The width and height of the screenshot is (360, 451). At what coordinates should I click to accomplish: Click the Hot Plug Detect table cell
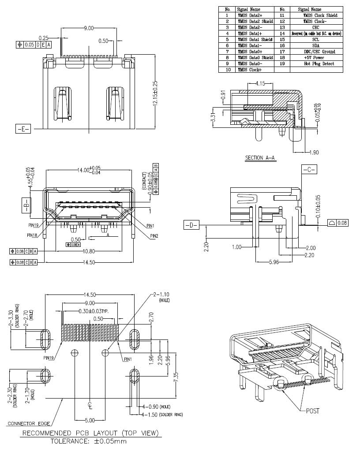(x=315, y=64)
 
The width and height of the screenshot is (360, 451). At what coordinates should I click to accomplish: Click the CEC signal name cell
(x=315, y=27)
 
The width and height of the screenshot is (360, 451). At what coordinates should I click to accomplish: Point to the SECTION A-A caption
(x=260, y=157)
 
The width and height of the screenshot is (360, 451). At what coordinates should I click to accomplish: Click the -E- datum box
(x=23, y=129)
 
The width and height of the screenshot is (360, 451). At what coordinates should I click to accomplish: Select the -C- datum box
(x=309, y=169)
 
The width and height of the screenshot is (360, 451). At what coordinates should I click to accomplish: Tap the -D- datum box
(x=191, y=226)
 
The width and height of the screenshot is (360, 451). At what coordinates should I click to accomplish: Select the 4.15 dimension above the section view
(x=260, y=83)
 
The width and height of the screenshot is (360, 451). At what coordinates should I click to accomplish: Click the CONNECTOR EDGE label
(x=27, y=424)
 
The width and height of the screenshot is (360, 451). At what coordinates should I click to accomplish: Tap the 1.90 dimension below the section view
(x=313, y=153)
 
